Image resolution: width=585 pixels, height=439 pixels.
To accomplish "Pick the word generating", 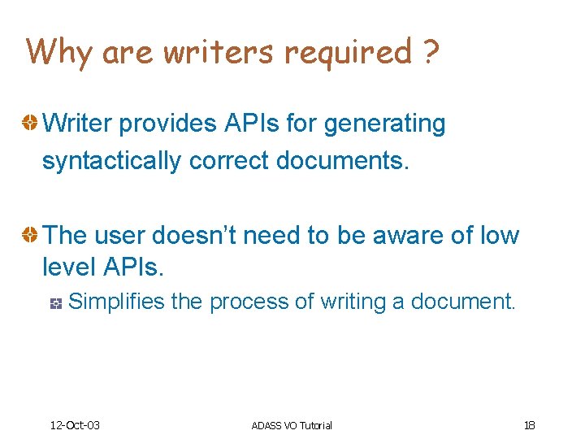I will [384, 124].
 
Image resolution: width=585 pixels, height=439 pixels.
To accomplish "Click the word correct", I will [229, 161].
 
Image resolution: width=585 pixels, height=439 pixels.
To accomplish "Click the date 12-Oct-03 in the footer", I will [75, 425].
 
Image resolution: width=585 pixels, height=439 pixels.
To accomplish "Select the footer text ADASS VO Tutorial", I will [292, 425].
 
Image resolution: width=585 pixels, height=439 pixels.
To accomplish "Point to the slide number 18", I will [530, 425].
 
